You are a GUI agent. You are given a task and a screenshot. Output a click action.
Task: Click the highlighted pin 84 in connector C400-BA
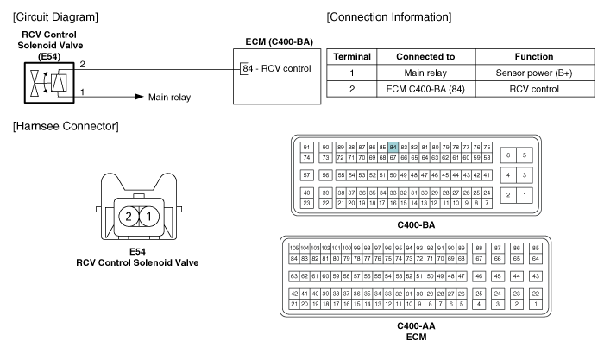tap(393, 148)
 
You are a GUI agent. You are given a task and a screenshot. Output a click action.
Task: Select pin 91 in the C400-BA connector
tap(306, 148)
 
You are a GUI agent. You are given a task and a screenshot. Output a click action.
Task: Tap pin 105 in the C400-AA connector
tap(294, 249)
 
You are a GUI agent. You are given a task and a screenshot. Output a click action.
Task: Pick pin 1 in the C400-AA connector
tap(536, 304)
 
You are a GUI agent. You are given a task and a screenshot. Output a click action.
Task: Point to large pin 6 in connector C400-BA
tap(508, 155)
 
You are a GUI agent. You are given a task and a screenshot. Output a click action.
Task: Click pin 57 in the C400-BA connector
tap(306, 175)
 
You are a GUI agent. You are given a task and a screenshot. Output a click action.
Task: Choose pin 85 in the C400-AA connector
tap(536, 249)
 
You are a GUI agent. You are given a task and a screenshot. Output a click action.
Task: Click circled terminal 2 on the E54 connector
tap(129, 217)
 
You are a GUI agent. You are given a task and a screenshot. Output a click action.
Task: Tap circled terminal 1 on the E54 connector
tap(149, 217)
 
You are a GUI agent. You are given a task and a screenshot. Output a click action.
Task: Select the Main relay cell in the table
tap(425, 73)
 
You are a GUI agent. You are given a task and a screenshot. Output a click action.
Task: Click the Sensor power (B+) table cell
tap(534, 73)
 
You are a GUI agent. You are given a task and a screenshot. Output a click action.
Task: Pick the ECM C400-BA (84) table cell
tap(425, 89)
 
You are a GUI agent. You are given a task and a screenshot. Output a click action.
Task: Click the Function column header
tap(534, 57)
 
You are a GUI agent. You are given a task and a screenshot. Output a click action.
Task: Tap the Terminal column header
tap(352, 57)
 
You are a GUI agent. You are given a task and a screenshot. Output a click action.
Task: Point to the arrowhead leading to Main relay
tap(140, 97)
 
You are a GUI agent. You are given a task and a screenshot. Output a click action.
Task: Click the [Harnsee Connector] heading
tap(66, 126)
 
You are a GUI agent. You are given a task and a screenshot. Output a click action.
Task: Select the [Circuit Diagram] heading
tap(55, 17)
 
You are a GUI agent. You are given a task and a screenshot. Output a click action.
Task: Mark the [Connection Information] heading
tap(389, 17)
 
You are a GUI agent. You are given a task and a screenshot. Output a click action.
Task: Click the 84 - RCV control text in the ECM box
tap(277, 68)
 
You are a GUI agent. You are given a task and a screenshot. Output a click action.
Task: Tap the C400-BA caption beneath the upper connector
tap(416, 225)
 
